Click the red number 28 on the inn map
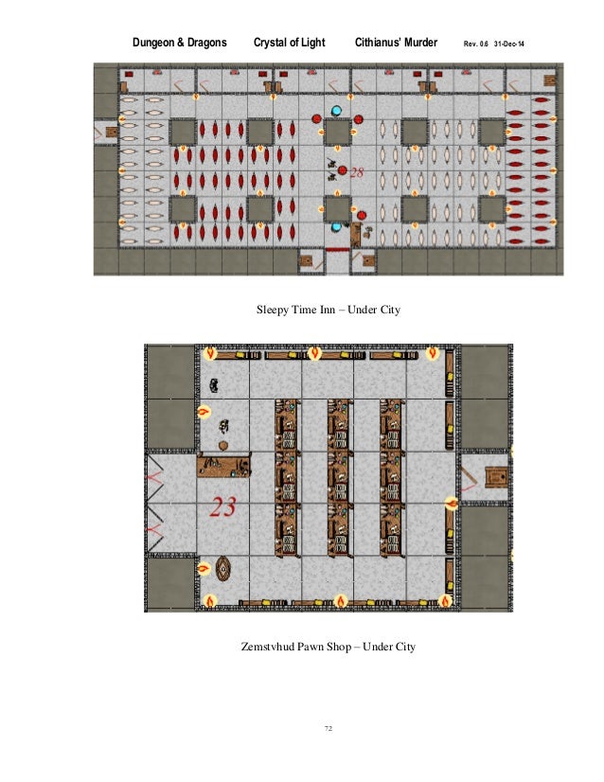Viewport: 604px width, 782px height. [x=357, y=172]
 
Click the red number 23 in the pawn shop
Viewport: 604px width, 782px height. [x=222, y=507]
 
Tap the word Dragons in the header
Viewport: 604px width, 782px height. [x=207, y=43]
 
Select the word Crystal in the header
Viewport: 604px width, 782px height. [x=272, y=43]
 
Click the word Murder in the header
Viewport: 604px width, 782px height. [x=420, y=43]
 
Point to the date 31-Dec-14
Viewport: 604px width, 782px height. [x=508, y=44]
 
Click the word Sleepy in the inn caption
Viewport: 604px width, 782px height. [x=273, y=311]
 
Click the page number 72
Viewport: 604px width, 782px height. [x=329, y=728]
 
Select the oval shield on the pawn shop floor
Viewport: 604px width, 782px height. [x=223, y=569]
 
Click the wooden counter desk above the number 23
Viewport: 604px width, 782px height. [x=224, y=465]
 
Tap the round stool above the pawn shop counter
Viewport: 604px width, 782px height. [x=222, y=445]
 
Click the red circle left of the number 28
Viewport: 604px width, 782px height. [x=342, y=170]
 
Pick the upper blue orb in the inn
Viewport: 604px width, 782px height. [x=337, y=111]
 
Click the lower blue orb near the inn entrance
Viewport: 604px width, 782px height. [x=337, y=227]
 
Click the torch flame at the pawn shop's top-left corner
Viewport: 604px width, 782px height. [x=210, y=353]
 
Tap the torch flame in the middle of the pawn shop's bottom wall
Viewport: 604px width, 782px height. [x=341, y=601]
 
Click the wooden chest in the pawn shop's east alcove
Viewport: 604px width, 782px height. [x=497, y=477]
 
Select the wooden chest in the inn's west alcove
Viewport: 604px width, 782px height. [x=111, y=133]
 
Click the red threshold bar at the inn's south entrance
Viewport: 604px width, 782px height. [x=338, y=249]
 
